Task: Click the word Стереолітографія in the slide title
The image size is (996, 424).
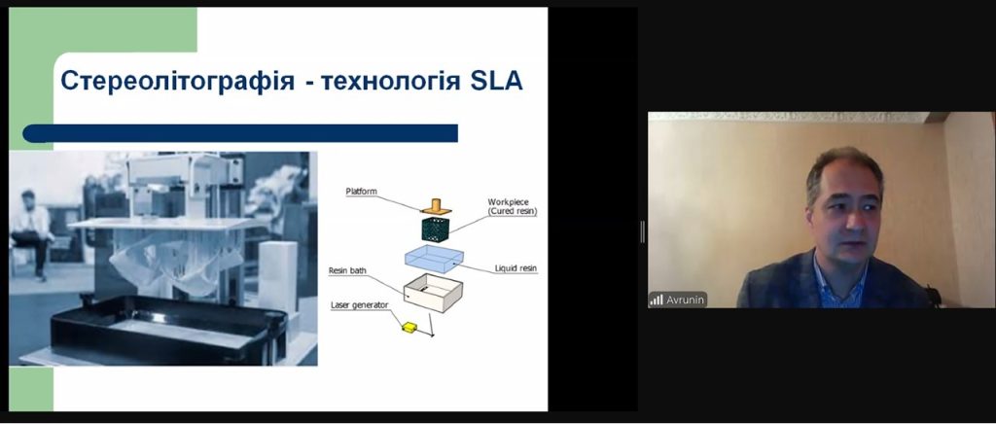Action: [x=177, y=82]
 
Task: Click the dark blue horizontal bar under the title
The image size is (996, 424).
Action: [x=240, y=133]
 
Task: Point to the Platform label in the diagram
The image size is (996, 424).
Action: [x=362, y=191]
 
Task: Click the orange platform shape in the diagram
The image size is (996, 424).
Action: [x=435, y=207]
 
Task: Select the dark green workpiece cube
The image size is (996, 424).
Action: [x=435, y=229]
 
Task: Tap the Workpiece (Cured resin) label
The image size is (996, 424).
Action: [x=512, y=207]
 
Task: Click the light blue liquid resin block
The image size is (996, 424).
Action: [x=434, y=259]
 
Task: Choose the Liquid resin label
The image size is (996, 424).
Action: [x=516, y=268]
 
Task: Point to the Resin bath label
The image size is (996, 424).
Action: [x=347, y=271]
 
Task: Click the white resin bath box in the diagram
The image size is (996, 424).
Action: [x=433, y=293]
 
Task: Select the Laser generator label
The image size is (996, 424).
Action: [x=360, y=305]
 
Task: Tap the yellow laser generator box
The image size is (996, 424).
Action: [x=409, y=327]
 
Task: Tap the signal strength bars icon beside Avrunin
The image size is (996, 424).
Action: [x=657, y=300]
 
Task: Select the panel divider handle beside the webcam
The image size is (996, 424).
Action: [x=642, y=231]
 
